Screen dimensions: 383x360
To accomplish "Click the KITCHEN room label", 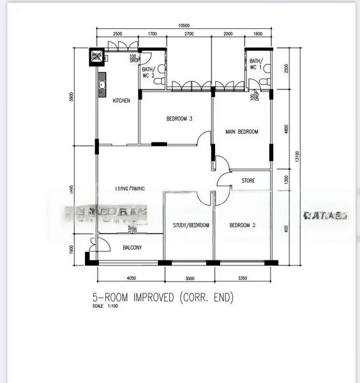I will (122, 101).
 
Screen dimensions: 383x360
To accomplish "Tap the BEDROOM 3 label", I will (179, 119).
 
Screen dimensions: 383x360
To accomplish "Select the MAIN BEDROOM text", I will (242, 132).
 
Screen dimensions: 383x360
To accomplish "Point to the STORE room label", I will (248, 181).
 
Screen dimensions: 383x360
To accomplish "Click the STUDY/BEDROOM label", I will (191, 225).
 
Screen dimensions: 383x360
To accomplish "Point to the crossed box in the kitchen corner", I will (96, 56).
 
